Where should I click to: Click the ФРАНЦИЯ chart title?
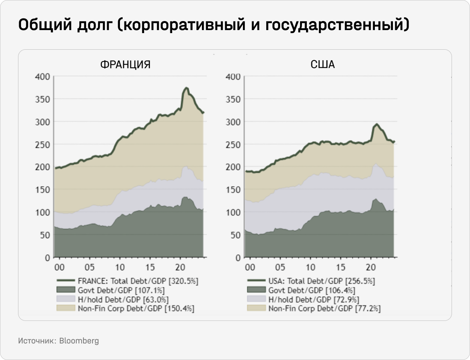coord(125,65)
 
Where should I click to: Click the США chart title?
coord(323,65)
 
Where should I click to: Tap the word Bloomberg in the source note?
coord(79,341)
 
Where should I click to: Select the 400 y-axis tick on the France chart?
coord(42,77)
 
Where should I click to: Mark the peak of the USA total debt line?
coord(377,124)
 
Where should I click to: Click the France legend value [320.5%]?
coord(183,281)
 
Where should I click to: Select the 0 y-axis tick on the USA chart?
coord(237,258)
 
